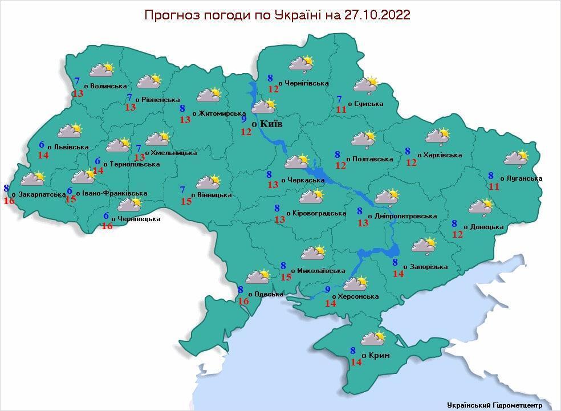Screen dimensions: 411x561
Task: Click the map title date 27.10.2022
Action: tap(377, 15)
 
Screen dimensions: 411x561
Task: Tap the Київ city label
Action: tap(270, 124)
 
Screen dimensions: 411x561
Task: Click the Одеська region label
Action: tap(268, 294)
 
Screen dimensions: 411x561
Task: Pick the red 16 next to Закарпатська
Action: tap(9, 201)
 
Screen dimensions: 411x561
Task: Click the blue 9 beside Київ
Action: tap(243, 119)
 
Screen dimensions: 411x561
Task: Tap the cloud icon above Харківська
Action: tap(438, 136)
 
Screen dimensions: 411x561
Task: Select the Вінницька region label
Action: tap(214, 195)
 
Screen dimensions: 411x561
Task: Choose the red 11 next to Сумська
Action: tap(341, 110)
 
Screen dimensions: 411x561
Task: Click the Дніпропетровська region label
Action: tap(405, 216)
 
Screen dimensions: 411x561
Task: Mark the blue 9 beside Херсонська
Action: tap(327, 290)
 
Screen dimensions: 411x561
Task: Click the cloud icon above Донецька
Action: tap(480, 206)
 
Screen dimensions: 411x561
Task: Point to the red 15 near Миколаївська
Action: tap(286, 277)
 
